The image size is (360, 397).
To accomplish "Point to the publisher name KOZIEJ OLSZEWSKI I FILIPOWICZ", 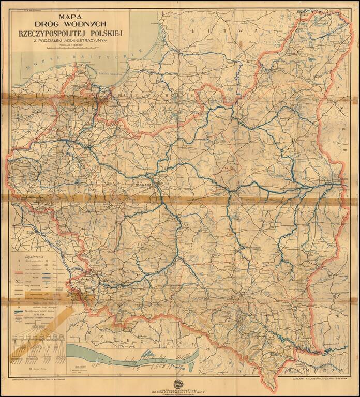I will pyautogui.click(x=180, y=390).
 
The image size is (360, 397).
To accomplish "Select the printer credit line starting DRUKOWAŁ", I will pyautogui.click(x=41, y=378).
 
